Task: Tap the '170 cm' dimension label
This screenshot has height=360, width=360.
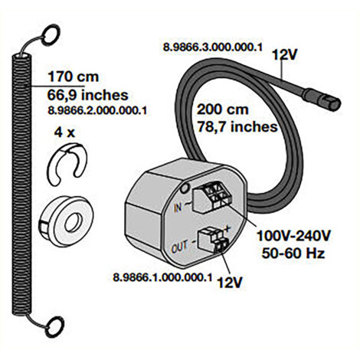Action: (x=74, y=77)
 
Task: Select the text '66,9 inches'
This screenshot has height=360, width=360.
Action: (x=87, y=95)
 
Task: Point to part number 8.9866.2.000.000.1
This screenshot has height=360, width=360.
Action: (x=97, y=110)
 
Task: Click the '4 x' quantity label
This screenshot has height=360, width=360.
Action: (x=64, y=133)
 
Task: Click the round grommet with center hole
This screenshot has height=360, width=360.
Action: (x=67, y=221)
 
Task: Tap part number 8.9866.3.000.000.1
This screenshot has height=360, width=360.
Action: (x=213, y=47)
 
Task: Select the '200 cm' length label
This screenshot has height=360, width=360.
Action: (x=222, y=110)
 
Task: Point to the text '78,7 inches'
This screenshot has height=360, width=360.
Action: (x=237, y=127)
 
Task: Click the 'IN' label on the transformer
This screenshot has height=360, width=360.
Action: (x=178, y=208)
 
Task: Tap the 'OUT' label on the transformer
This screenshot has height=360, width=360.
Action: (x=179, y=247)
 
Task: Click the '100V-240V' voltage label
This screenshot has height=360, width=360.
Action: (x=293, y=236)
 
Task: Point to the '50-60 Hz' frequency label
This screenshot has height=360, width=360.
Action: (x=293, y=254)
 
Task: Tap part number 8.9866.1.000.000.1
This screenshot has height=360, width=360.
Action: (x=162, y=277)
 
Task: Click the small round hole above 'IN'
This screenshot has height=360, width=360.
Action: (x=185, y=188)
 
